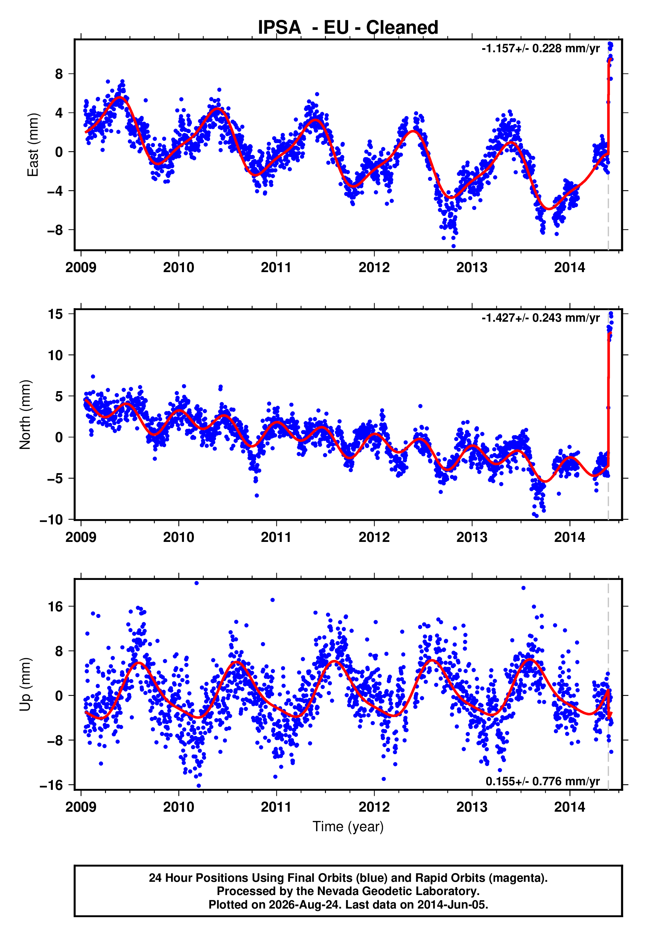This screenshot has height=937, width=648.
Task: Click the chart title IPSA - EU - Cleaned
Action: pyautogui.click(x=348, y=28)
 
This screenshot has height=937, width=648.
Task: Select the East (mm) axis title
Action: pyautogui.click(x=33, y=145)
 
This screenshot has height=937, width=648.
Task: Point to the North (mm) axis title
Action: pyautogui.click(x=25, y=415)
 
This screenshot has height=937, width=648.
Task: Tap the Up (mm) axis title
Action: pyautogui.click(x=25, y=684)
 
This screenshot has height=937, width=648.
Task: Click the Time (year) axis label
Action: pyautogui.click(x=348, y=827)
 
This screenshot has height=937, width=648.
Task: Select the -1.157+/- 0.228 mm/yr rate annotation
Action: pyautogui.click(x=540, y=49)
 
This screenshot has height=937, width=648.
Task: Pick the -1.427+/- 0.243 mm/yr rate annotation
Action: pyautogui.click(x=540, y=318)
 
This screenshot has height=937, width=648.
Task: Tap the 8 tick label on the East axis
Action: pyautogui.click(x=59, y=74)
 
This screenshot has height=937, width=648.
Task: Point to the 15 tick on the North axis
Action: pyautogui.click(x=55, y=314)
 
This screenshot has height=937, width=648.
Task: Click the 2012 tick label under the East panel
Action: pyautogui.click(x=374, y=267)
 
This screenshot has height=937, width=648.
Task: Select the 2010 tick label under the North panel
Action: pyautogui.click(x=179, y=537)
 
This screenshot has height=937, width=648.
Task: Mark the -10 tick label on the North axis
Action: pyautogui.click(x=52, y=520)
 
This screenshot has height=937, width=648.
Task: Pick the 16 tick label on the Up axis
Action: pyautogui.click(x=55, y=607)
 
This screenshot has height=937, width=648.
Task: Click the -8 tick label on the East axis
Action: pyautogui.click(x=55, y=230)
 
